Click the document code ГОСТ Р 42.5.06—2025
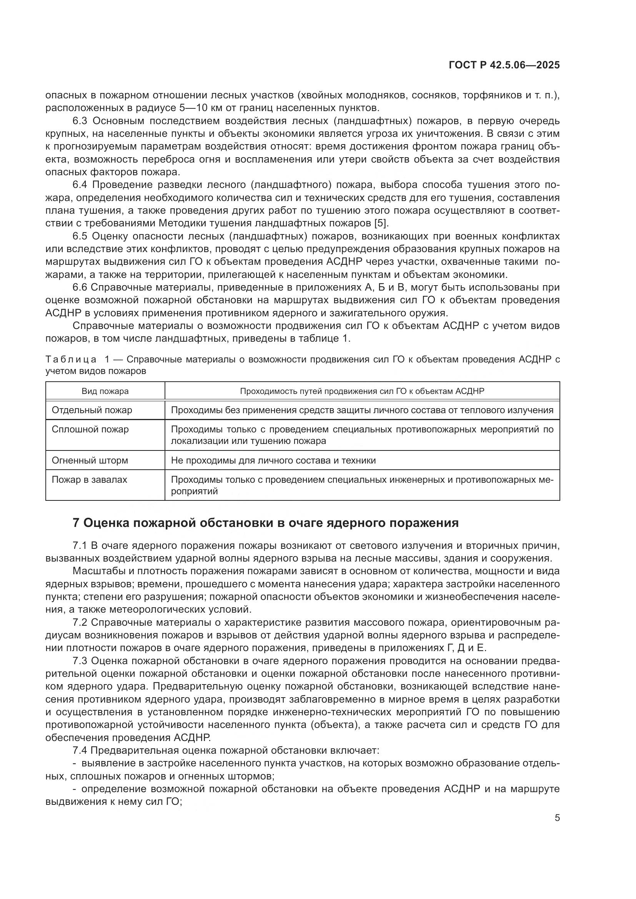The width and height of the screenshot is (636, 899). pyautogui.click(x=504, y=65)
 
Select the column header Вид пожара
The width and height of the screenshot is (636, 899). pyautogui.click(x=105, y=391)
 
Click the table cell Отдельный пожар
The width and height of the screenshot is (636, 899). pyautogui.click(x=92, y=410)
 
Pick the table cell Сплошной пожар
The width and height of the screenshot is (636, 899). pyautogui.click(x=90, y=429)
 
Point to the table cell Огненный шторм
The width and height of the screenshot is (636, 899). pyautogui.click(x=90, y=460)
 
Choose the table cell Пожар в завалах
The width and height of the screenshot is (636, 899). pyautogui.click(x=89, y=480)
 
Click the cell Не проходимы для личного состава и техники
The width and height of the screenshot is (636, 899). pyautogui.click(x=273, y=460)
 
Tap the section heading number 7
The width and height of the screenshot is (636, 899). pyautogui.click(x=76, y=523)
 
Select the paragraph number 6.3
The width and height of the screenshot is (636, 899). pyautogui.click(x=80, y=121)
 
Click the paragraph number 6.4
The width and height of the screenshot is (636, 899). pyautogui.click(x=80, y=185)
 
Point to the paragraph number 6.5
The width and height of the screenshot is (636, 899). pyautogui.click(x=80, y=236)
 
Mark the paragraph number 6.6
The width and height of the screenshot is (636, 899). pyautogui.click(x=80, y=287)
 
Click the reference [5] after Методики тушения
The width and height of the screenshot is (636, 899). pyautogui.click(x=381, y=223)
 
